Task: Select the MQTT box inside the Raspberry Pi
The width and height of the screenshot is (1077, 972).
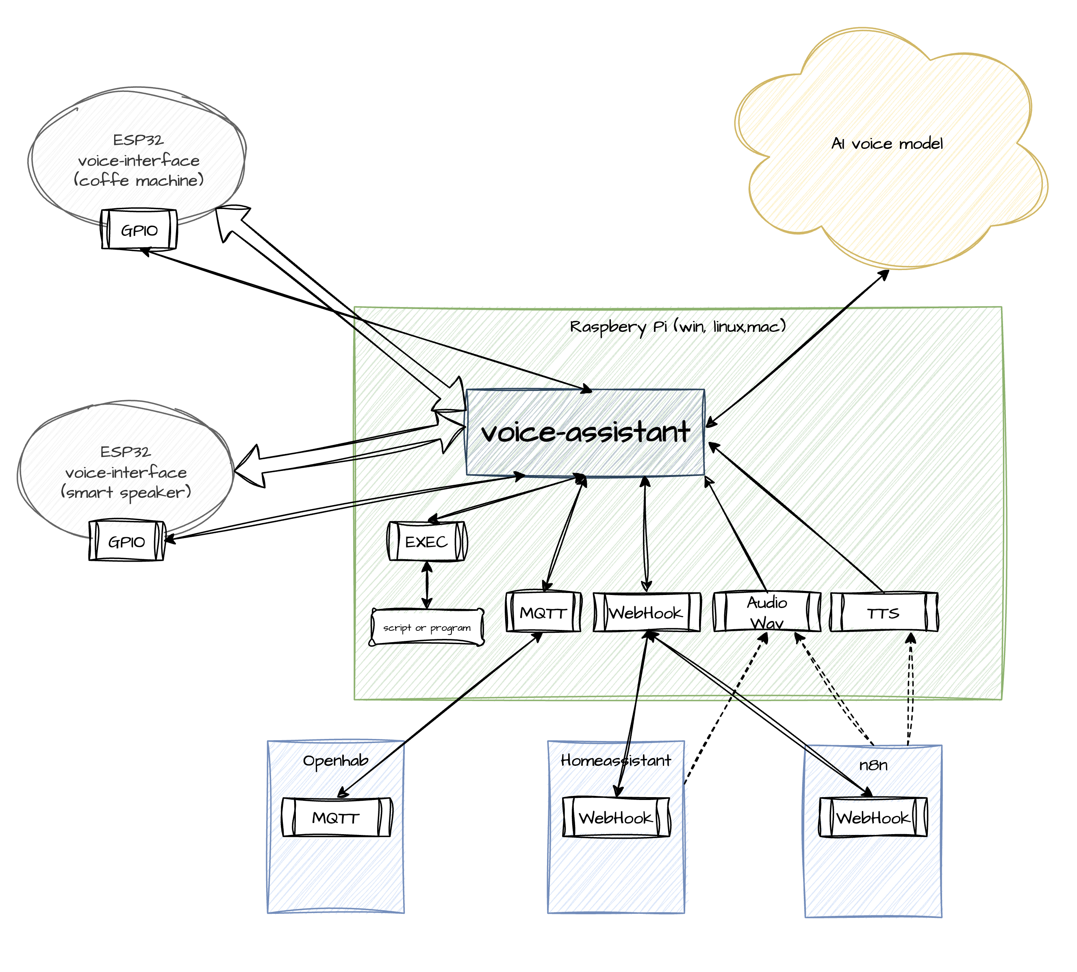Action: point(543,612)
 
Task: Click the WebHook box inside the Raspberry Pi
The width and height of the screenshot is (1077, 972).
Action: point(646,612)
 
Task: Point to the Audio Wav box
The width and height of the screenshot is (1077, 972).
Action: point(766,612)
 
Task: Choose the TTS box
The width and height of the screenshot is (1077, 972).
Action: point(883,612)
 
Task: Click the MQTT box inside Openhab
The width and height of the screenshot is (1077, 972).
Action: point(336,817)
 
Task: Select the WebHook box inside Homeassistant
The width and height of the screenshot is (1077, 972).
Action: point(616,817)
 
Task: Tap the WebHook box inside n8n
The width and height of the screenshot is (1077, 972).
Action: point(873,817)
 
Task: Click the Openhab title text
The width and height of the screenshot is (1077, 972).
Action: point(336,760)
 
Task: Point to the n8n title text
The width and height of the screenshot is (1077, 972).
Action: point(873,765)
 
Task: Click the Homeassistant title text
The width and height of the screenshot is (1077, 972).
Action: point(616,760)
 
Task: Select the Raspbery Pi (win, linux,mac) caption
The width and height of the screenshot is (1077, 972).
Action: point(678,326)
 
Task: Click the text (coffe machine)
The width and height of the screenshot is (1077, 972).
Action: point(139,180)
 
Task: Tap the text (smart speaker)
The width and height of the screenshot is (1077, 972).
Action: point(126,492)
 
